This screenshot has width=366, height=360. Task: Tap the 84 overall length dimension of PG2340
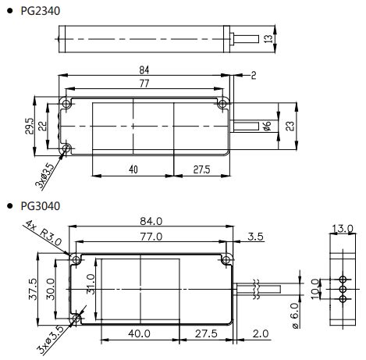(x=144, y=70)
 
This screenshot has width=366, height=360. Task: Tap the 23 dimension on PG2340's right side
(x=291, y=126)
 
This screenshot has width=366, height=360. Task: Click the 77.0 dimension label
(x=149, y=235)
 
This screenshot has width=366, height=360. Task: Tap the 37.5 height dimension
(x=31, y=288)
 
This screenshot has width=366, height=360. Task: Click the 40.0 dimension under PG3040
(x=140, y=333)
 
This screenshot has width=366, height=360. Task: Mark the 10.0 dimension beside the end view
(x=314, y=287)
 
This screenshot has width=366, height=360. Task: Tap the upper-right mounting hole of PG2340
(x=222, y=103)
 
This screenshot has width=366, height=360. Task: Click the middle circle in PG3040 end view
(x=340, y=288)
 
